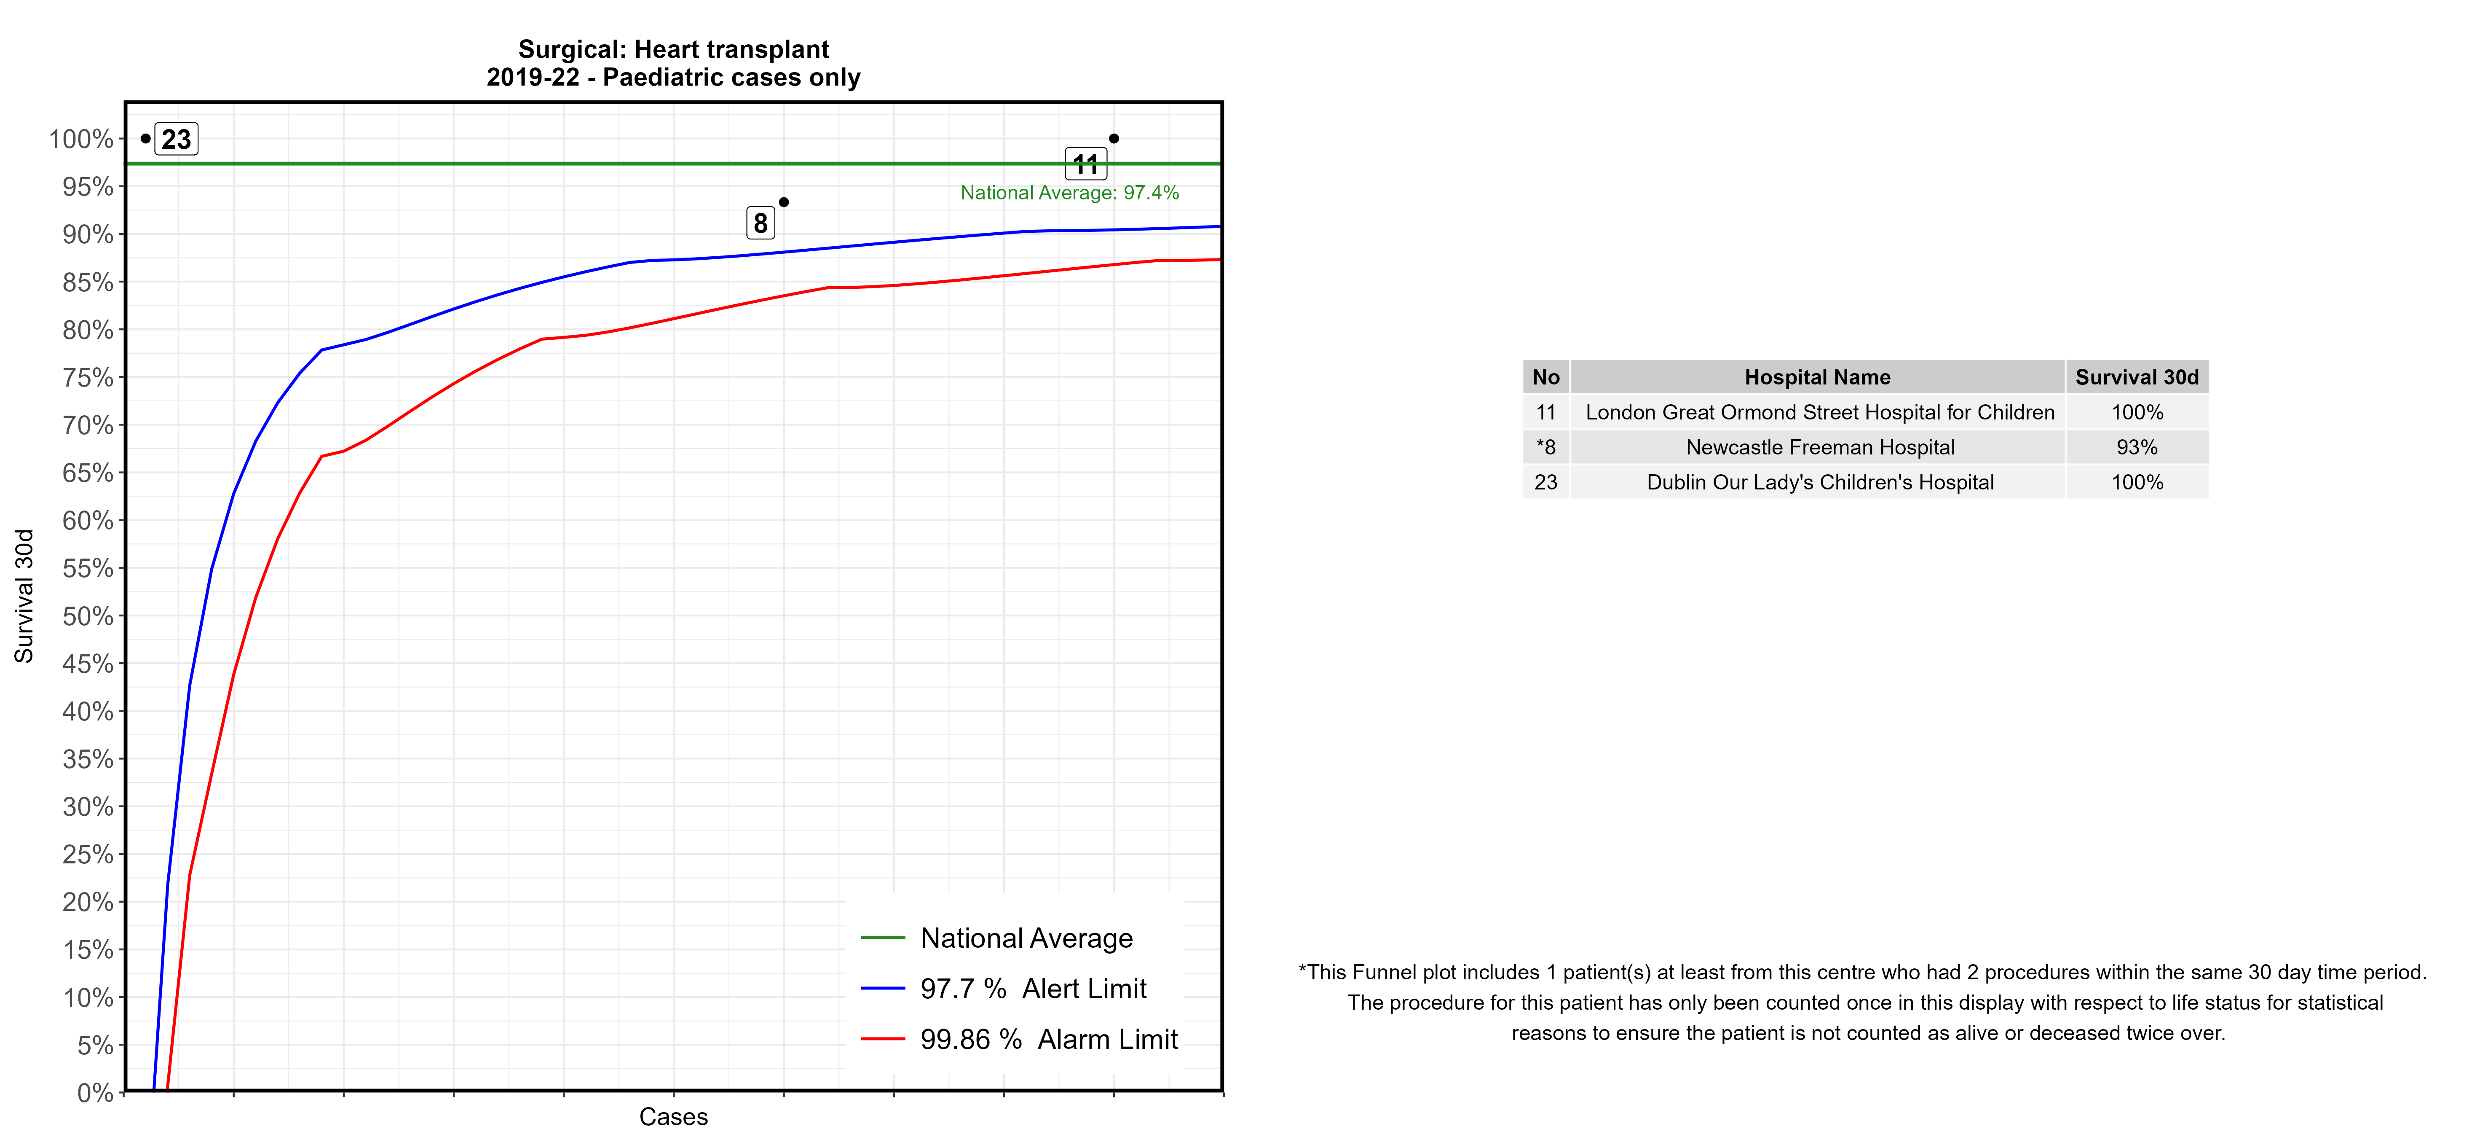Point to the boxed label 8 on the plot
[x=760, y=223]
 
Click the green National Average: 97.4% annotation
[x=1069, y=193]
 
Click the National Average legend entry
[x=1026, y=938]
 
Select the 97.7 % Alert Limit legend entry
[x=1032, y=989]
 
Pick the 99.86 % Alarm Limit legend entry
[x=1048, y=1040]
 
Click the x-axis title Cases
[x=673, y=1117]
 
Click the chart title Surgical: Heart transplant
[x=673, y=49]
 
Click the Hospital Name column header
[x=1817, y=377]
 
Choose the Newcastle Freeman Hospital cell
[x=1820, y=447]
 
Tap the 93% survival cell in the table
[x=2137, y=447]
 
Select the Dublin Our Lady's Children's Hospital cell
[x=1820, y=482]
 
